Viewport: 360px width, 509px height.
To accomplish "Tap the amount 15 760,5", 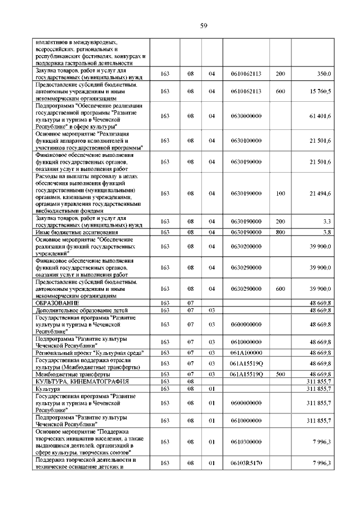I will pos(319,91).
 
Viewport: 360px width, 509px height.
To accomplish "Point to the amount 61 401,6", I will pos(319,116).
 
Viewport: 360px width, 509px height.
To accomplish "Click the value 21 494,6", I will pos(319,193).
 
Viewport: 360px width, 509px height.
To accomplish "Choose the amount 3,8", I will pos(326,232).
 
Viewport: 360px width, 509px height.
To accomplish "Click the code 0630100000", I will pos(246,141).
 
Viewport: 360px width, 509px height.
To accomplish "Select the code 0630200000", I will pos(246,246).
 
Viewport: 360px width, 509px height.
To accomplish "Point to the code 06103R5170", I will pos(246,463).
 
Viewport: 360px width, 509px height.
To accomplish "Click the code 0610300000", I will pos(246,442).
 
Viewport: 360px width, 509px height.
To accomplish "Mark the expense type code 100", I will pos(281,193).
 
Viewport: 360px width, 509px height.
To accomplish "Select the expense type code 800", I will pos(281,232).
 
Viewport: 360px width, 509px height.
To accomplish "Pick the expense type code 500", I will pos(281,373).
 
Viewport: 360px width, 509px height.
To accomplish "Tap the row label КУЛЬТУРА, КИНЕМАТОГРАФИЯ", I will pos(73,381).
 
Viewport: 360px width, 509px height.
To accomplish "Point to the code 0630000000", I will pos(246,116).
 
